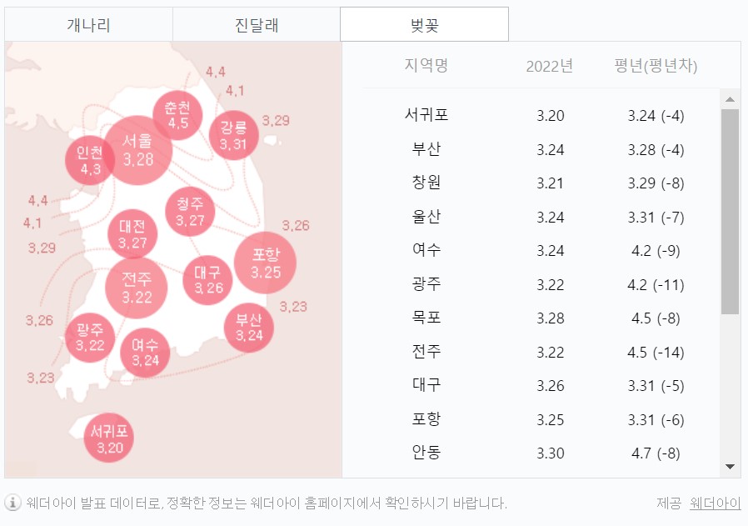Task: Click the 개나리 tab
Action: point(88,24)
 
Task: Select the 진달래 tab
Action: point(257,24)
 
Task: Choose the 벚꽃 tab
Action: point(424,24)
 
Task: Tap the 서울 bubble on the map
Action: point(137,150)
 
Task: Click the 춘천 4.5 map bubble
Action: point(177,115)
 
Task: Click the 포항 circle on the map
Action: point(265,263)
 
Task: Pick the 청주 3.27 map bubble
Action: point(190,212)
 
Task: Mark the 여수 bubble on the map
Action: point(145,353)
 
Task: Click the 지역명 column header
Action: point(426,66)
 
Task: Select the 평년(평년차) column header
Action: point(656,66)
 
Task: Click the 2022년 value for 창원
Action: point(550,183)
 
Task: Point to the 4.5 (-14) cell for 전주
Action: point(656,352)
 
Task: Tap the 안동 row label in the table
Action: point(426,453)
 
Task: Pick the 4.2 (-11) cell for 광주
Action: point(656,284)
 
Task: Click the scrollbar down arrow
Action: point(730,466)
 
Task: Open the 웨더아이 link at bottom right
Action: point(715,503)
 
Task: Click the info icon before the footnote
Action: point(13,503)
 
